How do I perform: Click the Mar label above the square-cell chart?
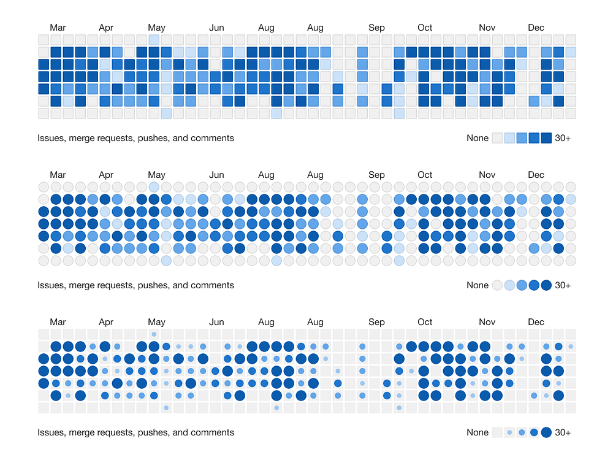(58, 28)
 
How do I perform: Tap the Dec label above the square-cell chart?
(536, 28)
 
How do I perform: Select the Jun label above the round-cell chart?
(216, 175)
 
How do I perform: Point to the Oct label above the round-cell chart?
(425, 175)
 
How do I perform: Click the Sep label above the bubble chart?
(376, 322)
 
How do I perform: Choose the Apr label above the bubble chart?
(106, 322)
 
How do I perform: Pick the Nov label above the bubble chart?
(487, 322)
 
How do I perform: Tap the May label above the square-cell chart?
(156, 28)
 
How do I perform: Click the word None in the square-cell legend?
(478, 138)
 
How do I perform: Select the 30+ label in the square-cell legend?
(563, 138)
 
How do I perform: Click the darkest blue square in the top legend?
(546, 138)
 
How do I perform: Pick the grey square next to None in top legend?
(497, 138)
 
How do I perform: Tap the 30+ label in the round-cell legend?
(563, 285)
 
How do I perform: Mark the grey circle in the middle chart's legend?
(497, 285)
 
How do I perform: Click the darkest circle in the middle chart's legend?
(546, 285)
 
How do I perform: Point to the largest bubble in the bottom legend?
(546, 432)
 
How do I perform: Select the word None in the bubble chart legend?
(478, 432)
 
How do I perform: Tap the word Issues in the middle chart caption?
(51, 285)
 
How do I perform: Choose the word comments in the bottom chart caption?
(212, 432)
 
